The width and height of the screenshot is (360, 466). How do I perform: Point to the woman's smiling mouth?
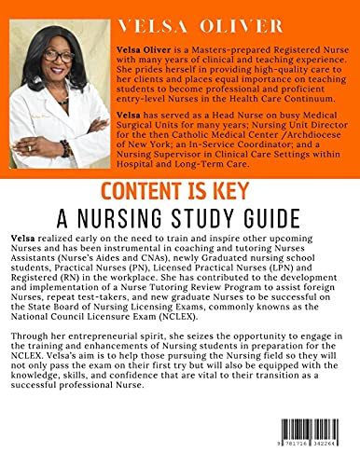pyautogui.click(x=60, y=74)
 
